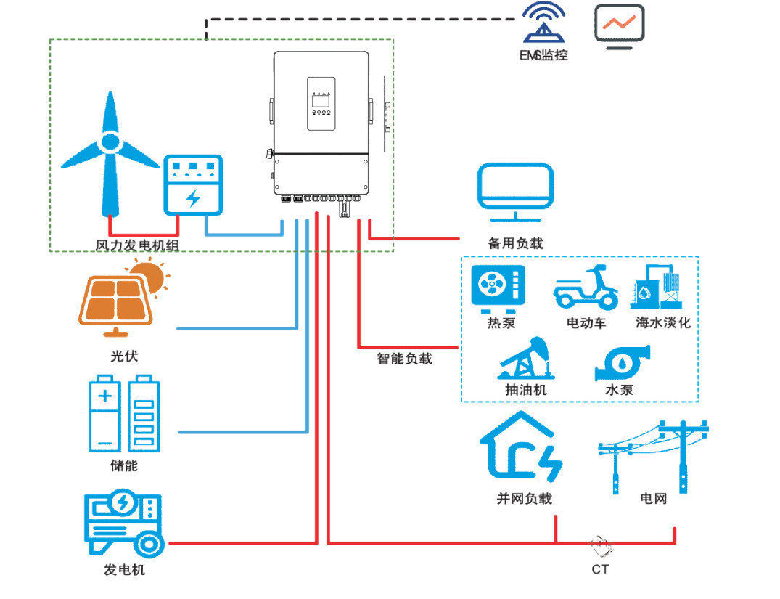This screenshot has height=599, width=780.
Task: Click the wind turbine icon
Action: click(109, 152)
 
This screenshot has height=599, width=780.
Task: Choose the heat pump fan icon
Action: click(498, 286)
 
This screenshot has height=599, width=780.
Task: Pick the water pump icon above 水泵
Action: click(622, 363)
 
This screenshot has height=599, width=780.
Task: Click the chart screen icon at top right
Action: click(620, 26)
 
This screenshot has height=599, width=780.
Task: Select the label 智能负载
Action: click(404, 359)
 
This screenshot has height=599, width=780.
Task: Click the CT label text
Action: click(600, 569)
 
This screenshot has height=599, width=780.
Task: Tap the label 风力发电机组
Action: click(137, 246)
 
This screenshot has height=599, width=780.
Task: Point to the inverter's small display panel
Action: click(321, 104)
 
